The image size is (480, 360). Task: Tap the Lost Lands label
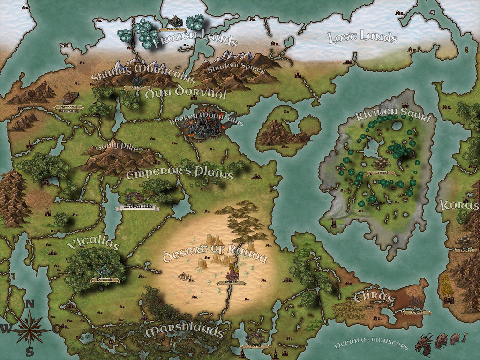(362, 37)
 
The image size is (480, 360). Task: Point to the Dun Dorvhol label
(186, 93)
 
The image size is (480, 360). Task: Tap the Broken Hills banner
(139, 207)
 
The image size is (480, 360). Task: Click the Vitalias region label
(93, 244)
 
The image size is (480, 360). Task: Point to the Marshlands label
(184, 331)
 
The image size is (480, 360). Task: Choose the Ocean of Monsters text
(371, 345)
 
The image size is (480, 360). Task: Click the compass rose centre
(30, 330)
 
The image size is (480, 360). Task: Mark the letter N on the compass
(30, 305)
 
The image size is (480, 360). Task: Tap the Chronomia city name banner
(68, 107)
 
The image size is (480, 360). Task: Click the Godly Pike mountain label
(117, 148)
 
